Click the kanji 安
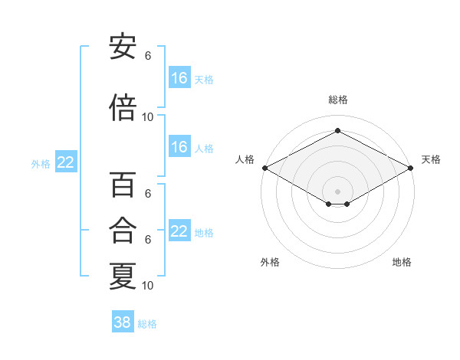coord(123,47)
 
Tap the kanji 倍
coord(123,107)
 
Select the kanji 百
coord(123,185)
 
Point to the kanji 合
coord(123,230)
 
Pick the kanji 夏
coord(123,276)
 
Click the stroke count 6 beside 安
coord(148,56)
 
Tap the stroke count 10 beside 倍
coord(147,117)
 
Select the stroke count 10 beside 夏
coord(147,286)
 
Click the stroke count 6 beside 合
coord(148,240)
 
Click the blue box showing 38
coord(123,321)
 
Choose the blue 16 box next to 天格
coord(179,77)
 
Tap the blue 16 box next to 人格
coord(179,146)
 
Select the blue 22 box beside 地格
coord(179,230)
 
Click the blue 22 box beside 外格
coord(66,162)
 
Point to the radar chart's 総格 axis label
coord(338,100)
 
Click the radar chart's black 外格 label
coord(270,262)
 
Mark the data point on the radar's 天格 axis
coord(411,168)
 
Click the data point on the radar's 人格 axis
coord(265,168)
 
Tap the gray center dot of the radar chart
coord(337,191)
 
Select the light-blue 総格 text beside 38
coord(147,324)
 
